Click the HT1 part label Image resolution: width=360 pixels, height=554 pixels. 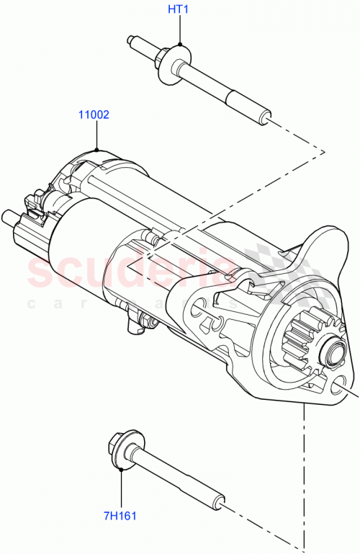[178, 9]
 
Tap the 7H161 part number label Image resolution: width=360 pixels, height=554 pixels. [120, 516]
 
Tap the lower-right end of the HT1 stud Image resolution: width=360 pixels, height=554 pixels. [266, 115]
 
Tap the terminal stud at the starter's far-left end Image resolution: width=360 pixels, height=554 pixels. [9, 217]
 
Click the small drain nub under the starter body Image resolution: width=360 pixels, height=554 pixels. [134, 328]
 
